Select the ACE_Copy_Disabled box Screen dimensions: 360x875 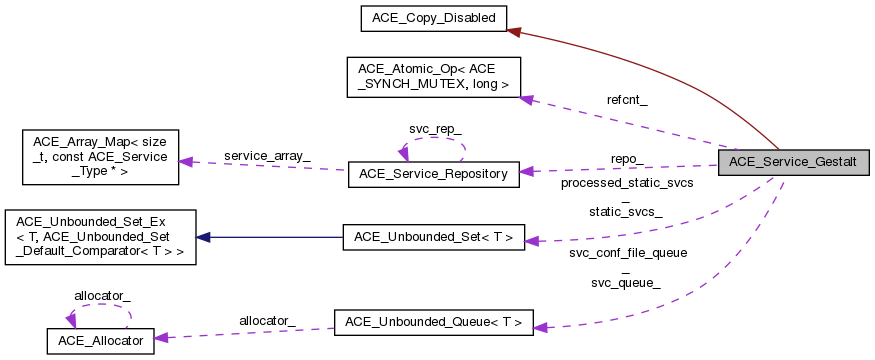click(435, 17)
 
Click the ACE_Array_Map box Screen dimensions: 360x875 click(92, 156)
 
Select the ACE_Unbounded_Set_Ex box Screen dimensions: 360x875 click(100, 237)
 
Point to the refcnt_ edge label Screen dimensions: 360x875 click(626, 100)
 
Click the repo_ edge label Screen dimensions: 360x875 click(626, 158)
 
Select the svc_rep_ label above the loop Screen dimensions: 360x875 click(435, 131)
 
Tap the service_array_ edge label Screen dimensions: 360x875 click(266, 155)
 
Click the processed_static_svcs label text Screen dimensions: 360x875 click(626, 183)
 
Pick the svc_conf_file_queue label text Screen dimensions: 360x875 click(627, 253)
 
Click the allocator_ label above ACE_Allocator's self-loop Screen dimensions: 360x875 click(100, 296)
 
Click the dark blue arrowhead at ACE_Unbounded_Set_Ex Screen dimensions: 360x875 click(203, 237)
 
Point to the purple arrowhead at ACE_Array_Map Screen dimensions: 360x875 click(186, 161)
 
